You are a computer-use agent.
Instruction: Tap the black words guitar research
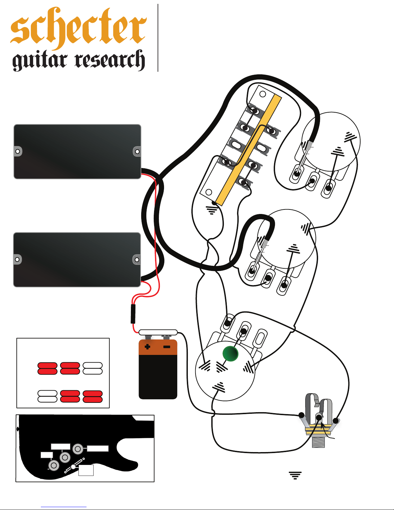[x=78, y=60]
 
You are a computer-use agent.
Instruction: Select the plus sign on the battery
[x=147, y=347]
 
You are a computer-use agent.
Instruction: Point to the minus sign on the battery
[x=167, y=347]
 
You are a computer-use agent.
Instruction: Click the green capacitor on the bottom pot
[x=230, y=354]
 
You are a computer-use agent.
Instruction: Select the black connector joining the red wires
[x=133, y=314]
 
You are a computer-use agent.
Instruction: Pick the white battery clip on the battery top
[x=158, y=332]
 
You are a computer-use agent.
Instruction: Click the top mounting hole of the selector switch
[x=262, y=94]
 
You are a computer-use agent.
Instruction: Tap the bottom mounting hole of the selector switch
[x=208, y=192]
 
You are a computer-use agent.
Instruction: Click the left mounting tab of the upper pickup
[x=18, y=151]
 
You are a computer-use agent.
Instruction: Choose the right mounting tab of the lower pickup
[x=137, y=259]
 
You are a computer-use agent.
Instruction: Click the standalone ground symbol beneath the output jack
[x=295, y=475]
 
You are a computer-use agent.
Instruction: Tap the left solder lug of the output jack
[x=301, y=415]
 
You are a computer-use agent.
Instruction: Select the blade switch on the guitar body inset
[x=74, y=467]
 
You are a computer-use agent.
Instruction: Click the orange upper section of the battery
[x=158, y=348]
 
